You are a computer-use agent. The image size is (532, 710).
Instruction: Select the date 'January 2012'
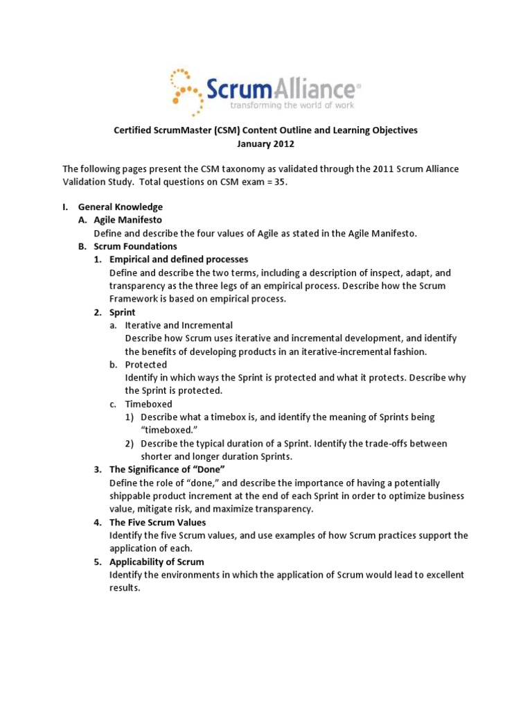point(266,144)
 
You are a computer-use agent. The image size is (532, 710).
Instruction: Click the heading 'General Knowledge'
point(120,207)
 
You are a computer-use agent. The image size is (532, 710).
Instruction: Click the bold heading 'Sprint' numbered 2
point(123,312)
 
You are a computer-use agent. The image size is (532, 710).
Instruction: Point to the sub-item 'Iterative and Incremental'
point(179,325)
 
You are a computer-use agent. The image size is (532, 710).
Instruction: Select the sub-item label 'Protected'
point(145,365)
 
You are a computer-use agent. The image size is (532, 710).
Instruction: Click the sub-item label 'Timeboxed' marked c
point(148,404)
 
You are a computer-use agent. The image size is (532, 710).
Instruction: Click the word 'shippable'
point(132,496)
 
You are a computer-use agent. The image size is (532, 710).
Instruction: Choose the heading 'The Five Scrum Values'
point(157,522)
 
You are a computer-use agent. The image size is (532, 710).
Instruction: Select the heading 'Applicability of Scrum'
point(157,562)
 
